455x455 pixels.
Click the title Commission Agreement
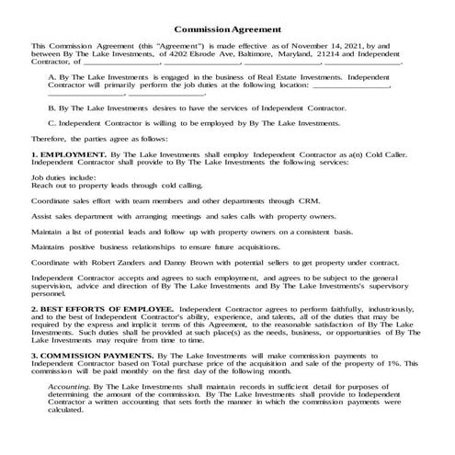227,28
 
